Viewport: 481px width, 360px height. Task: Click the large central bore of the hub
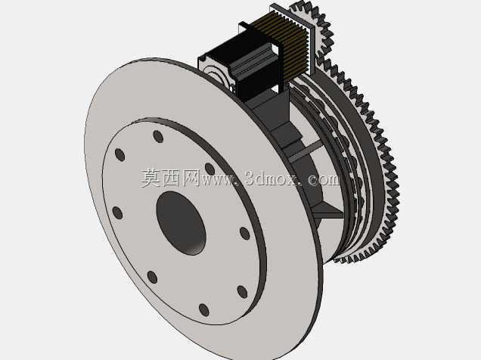pyautogui.click(x=181, y=223)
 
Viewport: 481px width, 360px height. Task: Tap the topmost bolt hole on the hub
pyautogui.click(x=158, y=136)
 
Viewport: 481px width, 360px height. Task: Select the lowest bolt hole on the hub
pyautogui.click(x=204, y=310)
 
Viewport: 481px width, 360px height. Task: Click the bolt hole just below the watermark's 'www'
pyautogui.click(x=209, y=169)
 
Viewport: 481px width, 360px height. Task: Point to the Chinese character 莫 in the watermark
pyautogui.click(x=151, y=178)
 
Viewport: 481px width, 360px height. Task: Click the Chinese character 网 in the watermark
pyautogui.click(x=191, y=178)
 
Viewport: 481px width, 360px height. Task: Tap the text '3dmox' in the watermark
pyautogui.click(x=271, y=178)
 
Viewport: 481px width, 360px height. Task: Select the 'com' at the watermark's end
pyautogui.click(x=324, y=179)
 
